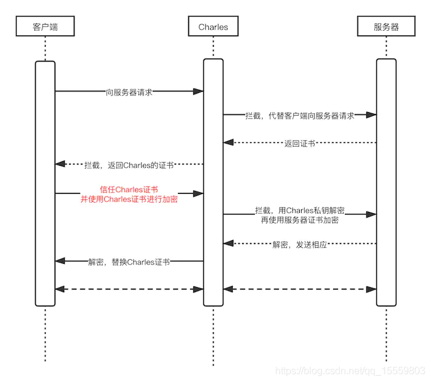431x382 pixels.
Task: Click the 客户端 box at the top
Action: [45, 26]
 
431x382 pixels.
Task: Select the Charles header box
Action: [213, 26]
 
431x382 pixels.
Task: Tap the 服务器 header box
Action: [386, 26]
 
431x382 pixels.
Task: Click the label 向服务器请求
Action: [129, 92]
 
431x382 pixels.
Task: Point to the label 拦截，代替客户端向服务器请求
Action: [300, 115]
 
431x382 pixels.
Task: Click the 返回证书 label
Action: [300, 143]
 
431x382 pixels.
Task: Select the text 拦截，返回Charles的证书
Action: [129, 165]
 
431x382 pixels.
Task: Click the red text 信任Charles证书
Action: [129, 189]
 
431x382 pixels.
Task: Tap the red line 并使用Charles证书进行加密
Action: [129, 199]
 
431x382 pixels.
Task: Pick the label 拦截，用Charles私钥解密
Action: [300, 210]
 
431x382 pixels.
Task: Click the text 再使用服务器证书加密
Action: [300, 220]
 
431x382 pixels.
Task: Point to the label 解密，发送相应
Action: [300, 244]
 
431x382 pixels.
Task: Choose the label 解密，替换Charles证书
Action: [129, 262]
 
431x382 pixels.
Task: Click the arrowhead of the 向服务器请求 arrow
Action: [198, 92]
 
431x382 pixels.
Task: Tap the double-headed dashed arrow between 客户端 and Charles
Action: [129, 288]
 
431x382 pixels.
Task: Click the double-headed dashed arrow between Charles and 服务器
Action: [300, 288]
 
